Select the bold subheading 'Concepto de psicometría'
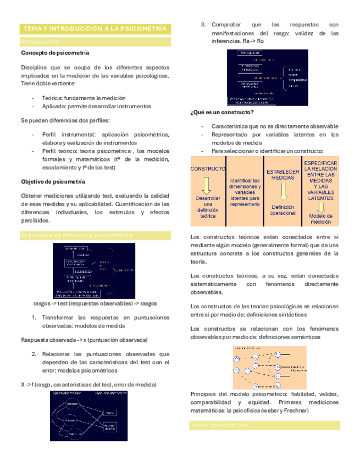coord(56,53)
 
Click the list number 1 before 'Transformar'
coord(34,318)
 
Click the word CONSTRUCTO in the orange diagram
coord(208,169)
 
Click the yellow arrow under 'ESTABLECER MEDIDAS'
coord(283,191)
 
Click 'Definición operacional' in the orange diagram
coord(283,210)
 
